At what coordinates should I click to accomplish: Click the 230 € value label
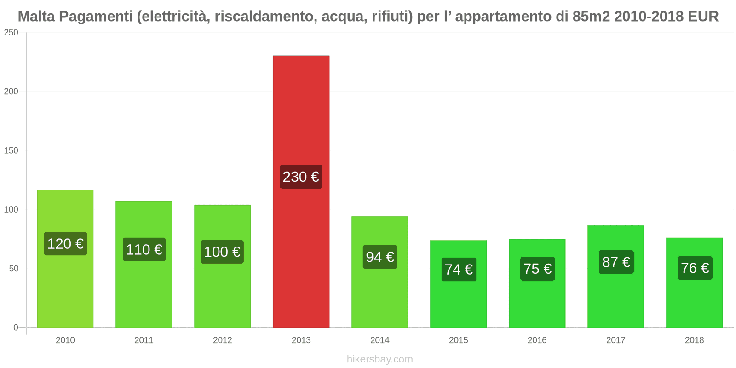pyautogui.click(x=301, y=177)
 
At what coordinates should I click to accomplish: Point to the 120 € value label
pyautogui.click(x=65, y=243)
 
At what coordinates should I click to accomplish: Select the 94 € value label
pyautogui.click(x=379, y=257)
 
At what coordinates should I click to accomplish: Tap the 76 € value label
pyautogui.click(x=695, y=268)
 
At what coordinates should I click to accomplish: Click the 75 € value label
pyautogui.click(x=537, y=269)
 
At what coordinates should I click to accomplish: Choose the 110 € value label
pyautogui.click(x=144, y=250)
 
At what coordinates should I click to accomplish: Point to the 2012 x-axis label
pyautogui.click(x=223, y=340)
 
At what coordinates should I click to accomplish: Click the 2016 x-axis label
pyautogui.click(x=537, y=340)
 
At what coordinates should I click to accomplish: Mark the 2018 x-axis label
pyautogui.click(x=694, y=340)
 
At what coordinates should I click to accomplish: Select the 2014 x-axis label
pyautogui.click(x=379, y=340)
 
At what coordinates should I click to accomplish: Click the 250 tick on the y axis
pyautogui.click(x=11, y=33)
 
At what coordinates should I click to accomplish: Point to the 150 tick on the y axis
pyautogui.click(x=11, y=150)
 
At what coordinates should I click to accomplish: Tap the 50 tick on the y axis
pyautogui.click(x=13, y=269)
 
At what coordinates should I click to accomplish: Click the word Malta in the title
pyautogui.click(x=36, y=17)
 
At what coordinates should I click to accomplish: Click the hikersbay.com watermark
pyautogui.click(x=379, y=359)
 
